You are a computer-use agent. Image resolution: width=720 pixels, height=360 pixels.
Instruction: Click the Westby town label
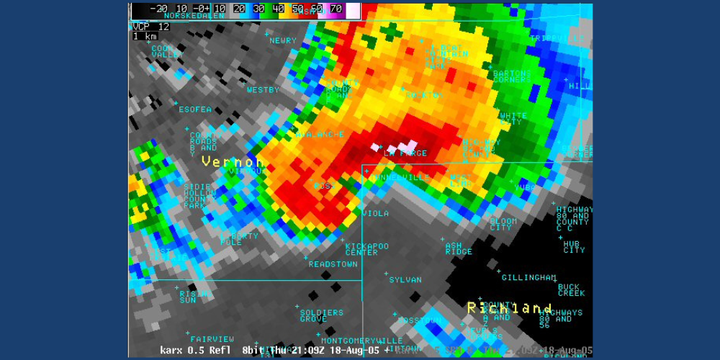[x=262, y=90]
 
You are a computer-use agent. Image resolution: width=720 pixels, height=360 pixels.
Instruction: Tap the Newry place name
[x=282, y=41]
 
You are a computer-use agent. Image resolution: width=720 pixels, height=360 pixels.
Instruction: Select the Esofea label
[x=195, y=109]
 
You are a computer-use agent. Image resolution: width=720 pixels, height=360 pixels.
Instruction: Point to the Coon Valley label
[x=167, y=51]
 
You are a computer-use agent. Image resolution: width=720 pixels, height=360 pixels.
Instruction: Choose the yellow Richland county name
[x=510, y=308]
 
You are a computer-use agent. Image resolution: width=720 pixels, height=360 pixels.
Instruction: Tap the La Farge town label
[x=405, y=153]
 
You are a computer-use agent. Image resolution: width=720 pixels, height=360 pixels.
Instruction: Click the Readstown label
[x=333, y=264]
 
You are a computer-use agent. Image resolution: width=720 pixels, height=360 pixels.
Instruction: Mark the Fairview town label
[x=212, y=338]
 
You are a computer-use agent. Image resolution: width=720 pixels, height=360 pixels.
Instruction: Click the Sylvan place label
[x=405, y=279]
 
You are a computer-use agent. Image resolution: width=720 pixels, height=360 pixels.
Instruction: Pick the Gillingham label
[x=529, y=277]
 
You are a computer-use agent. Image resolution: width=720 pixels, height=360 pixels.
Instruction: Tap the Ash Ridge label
[x=459, y=248]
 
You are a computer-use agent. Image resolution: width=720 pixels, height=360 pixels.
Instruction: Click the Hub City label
[x=574, y=247]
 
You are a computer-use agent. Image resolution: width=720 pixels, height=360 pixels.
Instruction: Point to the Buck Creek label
[x=572, y=290]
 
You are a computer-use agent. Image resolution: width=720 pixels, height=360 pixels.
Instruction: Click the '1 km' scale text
[x=145, y=36]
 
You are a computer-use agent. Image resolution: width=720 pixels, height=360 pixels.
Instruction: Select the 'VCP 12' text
[x=150, y=26]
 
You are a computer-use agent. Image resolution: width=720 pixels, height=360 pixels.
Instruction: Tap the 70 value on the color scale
[x=336, y=9]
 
